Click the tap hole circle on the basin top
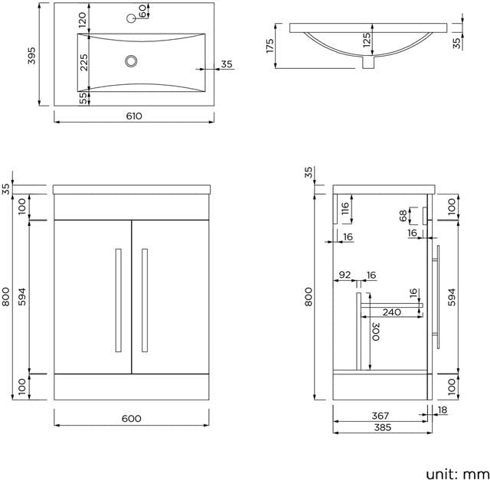[x=131, y=18]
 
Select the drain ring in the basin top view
[x=131, y=61]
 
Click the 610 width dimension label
[x=134, y=116]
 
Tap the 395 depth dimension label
[x=32, y=56]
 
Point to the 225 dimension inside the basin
[x=83, y=63]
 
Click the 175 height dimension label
[x=270, y=46]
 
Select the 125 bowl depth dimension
[x=367, y=40]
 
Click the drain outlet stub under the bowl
[x=368, y=62]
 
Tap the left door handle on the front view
[x=119, y=300]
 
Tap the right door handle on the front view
[x=145, y=300]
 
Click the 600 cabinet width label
[x=131, y=419]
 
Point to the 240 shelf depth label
[x=391, y=312]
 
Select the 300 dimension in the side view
[x=376, y=331]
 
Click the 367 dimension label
[x=381, y=416]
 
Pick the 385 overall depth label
[x=383, y=427]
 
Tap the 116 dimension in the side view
[x=345, y=208]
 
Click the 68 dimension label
[x=403, y=216]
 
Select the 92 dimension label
[x=345, y=275]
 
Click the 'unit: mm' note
[x=457, y=473]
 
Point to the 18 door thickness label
[x=443, y=410]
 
